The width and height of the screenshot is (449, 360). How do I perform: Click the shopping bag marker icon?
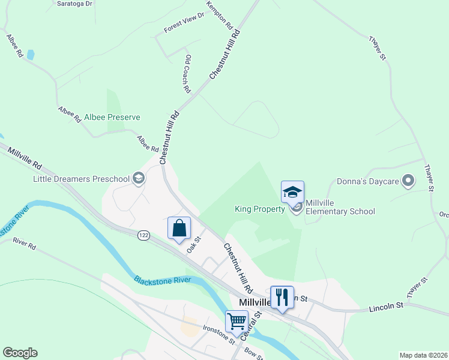click(x=179, y=228)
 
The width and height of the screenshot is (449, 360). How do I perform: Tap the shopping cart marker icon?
click(x=237, y=322)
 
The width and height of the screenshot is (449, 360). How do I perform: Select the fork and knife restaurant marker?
click(x=282, y=296)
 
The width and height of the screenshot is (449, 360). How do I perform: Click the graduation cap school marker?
click(x=292, y=192)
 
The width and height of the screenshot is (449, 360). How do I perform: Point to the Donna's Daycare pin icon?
click(x=408, y=181)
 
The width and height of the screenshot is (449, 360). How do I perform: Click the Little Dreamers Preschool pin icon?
click(x=139, y=178)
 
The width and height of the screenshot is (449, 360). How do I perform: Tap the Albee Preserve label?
click(x=112, y=117)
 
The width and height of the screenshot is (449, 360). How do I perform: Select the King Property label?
click(x=259, y=209)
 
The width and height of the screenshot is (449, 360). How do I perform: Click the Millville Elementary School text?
click(x=340, y=207)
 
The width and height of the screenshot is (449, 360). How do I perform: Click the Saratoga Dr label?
click(x=74, y=4)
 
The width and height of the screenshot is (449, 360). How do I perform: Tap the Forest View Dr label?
click(x=184, y=23)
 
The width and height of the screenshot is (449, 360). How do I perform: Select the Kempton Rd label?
click(x=219, y=14)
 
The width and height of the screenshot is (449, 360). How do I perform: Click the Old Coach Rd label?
click(x=188, y=74)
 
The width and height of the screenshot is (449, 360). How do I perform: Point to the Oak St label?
click(x=193, y=244)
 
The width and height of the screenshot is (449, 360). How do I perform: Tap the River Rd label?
click(x=25, y=244)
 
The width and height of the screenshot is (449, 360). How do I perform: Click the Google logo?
click(x=20, y=353)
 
